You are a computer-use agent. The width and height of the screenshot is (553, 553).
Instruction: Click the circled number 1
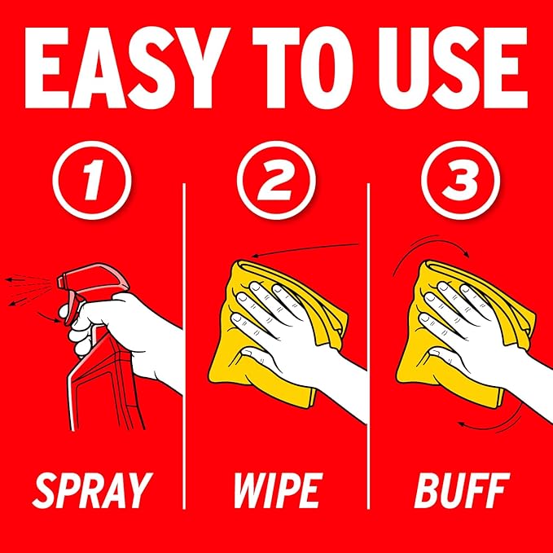pos(92,180)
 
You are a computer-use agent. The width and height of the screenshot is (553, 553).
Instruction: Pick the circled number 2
pos(276,180)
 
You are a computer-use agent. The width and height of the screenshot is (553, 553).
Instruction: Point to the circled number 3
pos(461,180)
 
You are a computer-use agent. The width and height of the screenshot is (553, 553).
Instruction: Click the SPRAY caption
pos(92,490)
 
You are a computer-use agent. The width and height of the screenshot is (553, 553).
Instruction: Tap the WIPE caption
pos(279,490)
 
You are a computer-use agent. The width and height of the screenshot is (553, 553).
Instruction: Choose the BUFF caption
pos(463,490)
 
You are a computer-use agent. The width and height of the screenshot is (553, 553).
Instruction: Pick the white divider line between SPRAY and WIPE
pos(184,345)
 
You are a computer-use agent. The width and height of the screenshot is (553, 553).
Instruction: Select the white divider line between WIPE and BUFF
pos(369,345)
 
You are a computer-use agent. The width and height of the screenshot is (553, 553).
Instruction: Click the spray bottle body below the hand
pos(106,388)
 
